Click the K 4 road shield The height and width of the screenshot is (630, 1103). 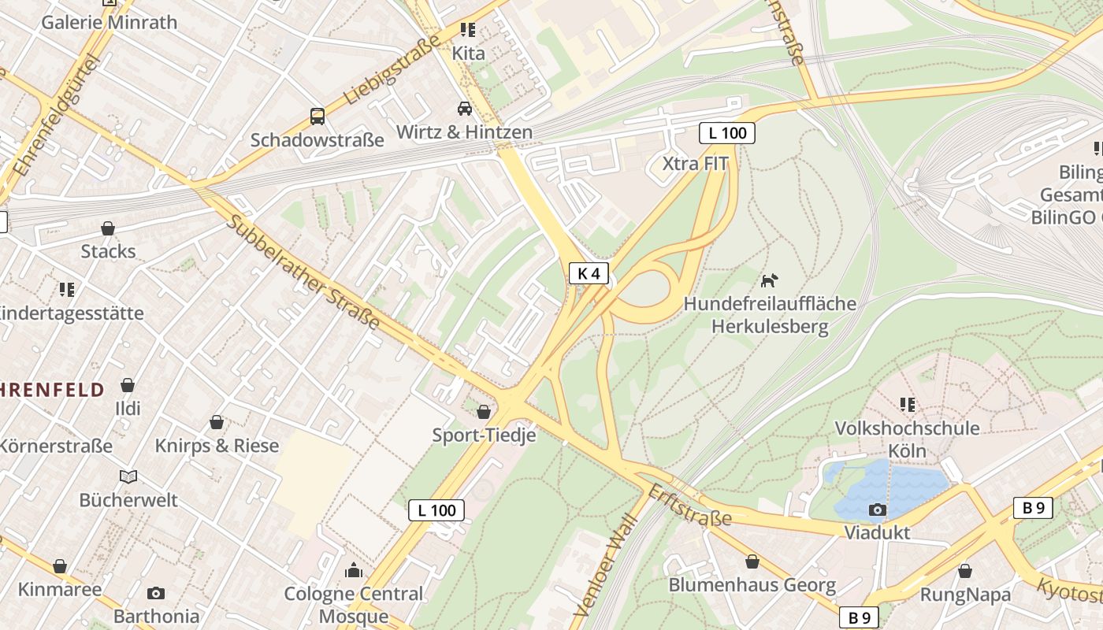(589, 273)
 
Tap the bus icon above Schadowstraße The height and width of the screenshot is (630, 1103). (317, 117)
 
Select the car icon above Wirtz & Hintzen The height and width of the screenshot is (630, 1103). (465, 108)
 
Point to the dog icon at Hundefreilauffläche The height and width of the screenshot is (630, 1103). (769, 280)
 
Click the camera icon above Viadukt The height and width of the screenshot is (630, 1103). (877, 510)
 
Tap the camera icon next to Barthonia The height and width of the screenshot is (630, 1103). (156, 593)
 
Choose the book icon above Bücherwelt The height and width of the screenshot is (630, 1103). (128, 476)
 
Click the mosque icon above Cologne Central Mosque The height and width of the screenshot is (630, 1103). (354, 569)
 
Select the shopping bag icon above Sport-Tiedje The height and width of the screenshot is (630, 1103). (484, 411)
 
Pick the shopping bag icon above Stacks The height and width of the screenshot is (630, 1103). (108, 228)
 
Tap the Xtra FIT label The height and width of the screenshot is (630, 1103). (695, 164)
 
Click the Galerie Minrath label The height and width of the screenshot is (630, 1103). (110, 22)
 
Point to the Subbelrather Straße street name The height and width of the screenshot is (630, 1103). (303, 272)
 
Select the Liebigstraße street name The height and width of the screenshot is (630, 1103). (392, 76)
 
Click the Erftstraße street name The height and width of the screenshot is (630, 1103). (689, 505)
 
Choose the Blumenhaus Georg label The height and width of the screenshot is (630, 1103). (752, 585)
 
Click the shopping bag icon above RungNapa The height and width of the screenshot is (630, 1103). (964, 571)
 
